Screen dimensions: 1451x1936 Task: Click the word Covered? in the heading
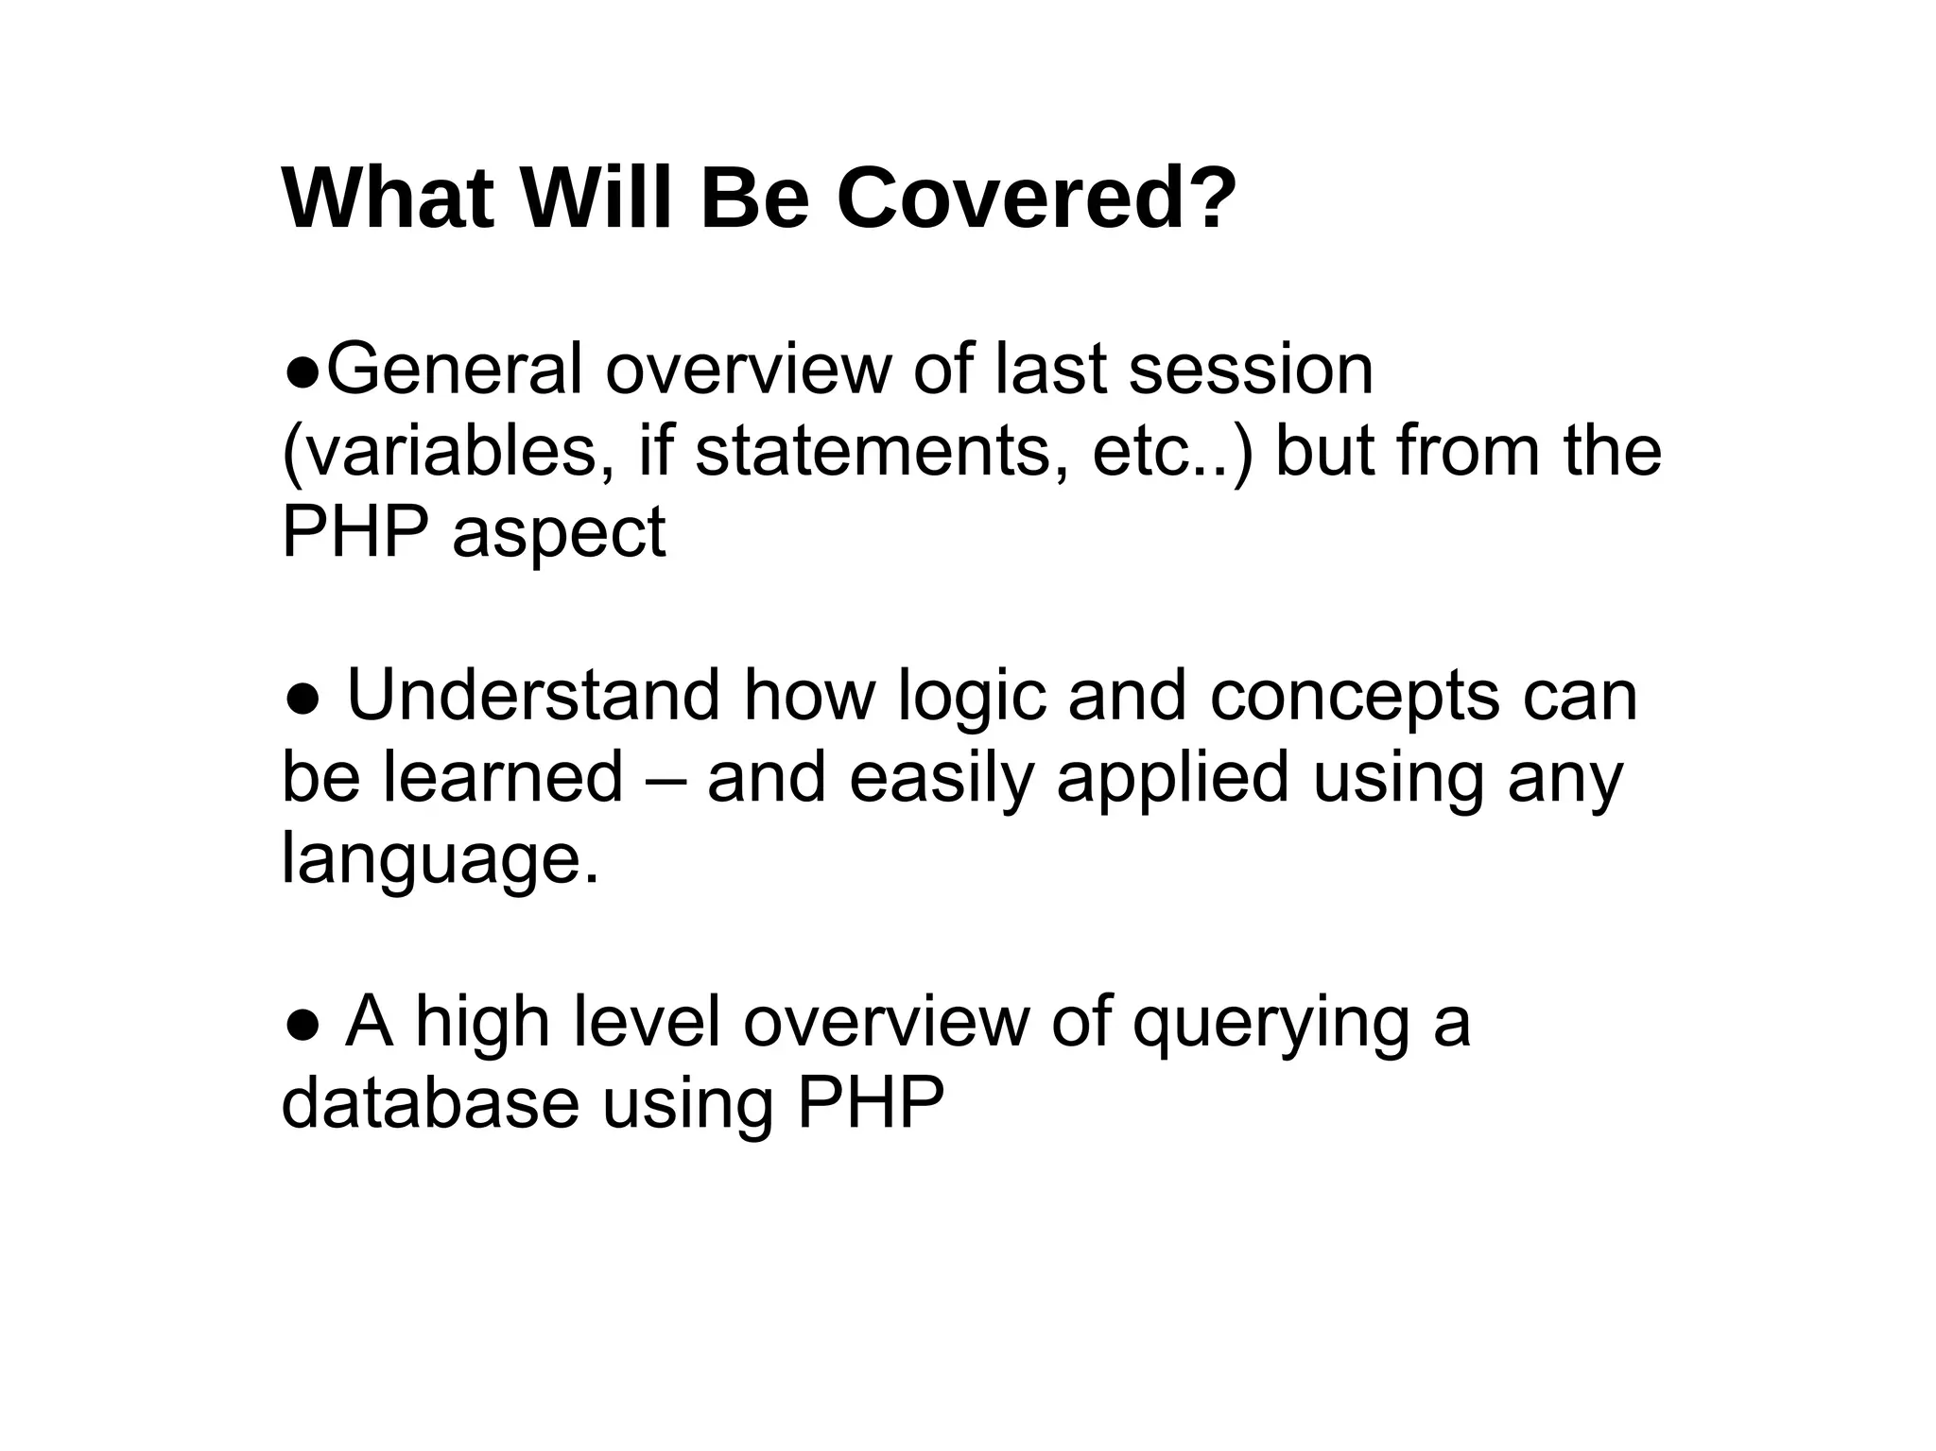tap(1036, 199)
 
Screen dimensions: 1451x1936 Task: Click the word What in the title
tap(388, 199)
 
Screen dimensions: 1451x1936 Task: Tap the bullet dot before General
tap(302, 371)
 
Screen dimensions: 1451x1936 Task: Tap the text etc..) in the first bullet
tap(1172, 452)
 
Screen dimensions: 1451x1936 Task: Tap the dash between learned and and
tap(665, 779)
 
